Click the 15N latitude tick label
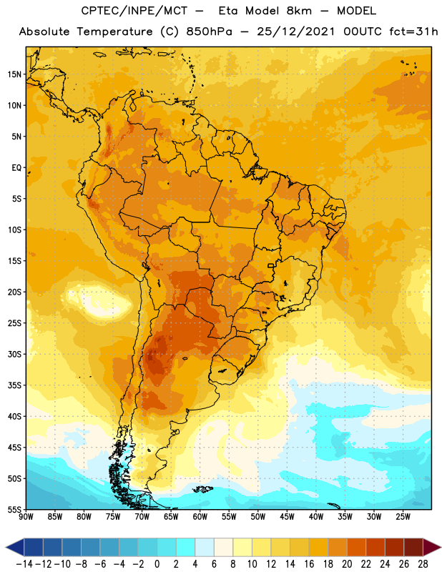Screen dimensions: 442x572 point(14,74)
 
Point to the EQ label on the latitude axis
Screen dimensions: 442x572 point(16,168)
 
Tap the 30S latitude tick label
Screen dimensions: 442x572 point(14,354)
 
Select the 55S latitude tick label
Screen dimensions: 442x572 point(14,510)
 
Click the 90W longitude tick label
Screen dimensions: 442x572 point(26,517)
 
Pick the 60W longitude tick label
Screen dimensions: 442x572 point(200,517)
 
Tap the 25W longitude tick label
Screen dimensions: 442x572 point(403,517)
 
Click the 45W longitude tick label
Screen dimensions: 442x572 point(287,517)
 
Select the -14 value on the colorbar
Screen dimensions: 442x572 point(24,564)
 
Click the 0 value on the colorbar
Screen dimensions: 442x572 point(157,564)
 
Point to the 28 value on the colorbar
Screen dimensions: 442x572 point(423,564)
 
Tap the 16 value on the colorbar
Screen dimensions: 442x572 point(309,564)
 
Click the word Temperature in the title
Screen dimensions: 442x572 point(114,31)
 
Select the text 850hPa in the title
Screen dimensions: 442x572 point(209,31)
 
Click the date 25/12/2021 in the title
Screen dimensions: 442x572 point(295,31)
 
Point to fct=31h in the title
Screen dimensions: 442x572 point(413,31)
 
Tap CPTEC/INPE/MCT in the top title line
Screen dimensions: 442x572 point(134,11)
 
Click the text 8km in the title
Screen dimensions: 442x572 point(299,11)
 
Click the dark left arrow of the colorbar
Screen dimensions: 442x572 point(14,548)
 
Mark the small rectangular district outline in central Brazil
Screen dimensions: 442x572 point(271,265)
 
